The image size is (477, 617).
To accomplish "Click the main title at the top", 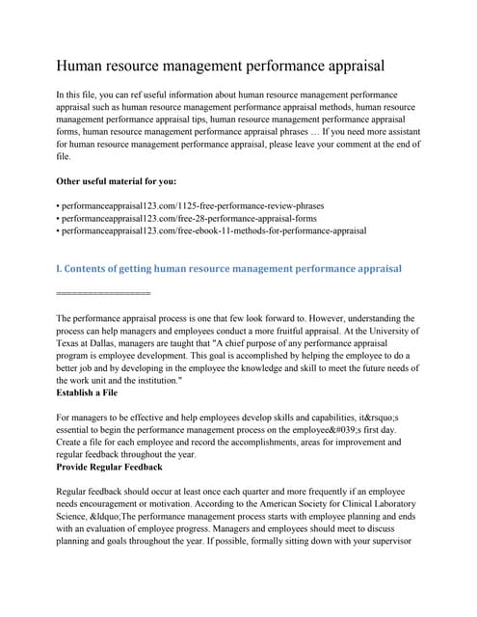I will (x=221, y=66).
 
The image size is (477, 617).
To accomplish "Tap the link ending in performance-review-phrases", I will (x=193, y=205).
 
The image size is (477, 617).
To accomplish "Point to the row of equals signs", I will (x=104, y=291).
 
